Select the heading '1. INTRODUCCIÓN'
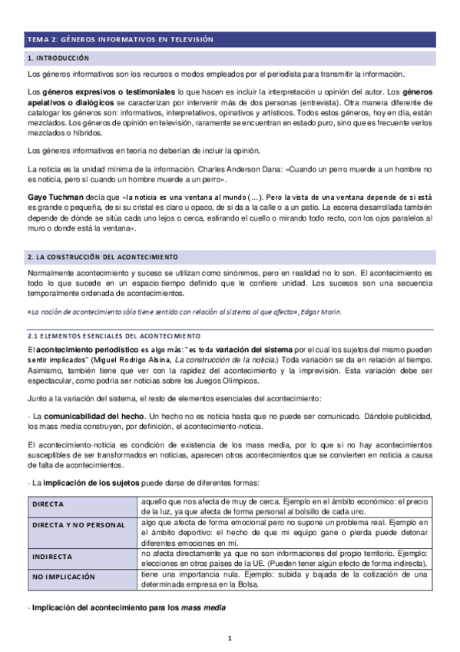tap(58, 58)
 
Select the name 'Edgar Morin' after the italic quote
tap(320, 312)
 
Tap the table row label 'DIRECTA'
tap(48, 504)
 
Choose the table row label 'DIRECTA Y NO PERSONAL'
tap(79, 524)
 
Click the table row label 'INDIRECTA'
tap(52, 556)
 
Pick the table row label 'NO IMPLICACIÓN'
tap(64, 575)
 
